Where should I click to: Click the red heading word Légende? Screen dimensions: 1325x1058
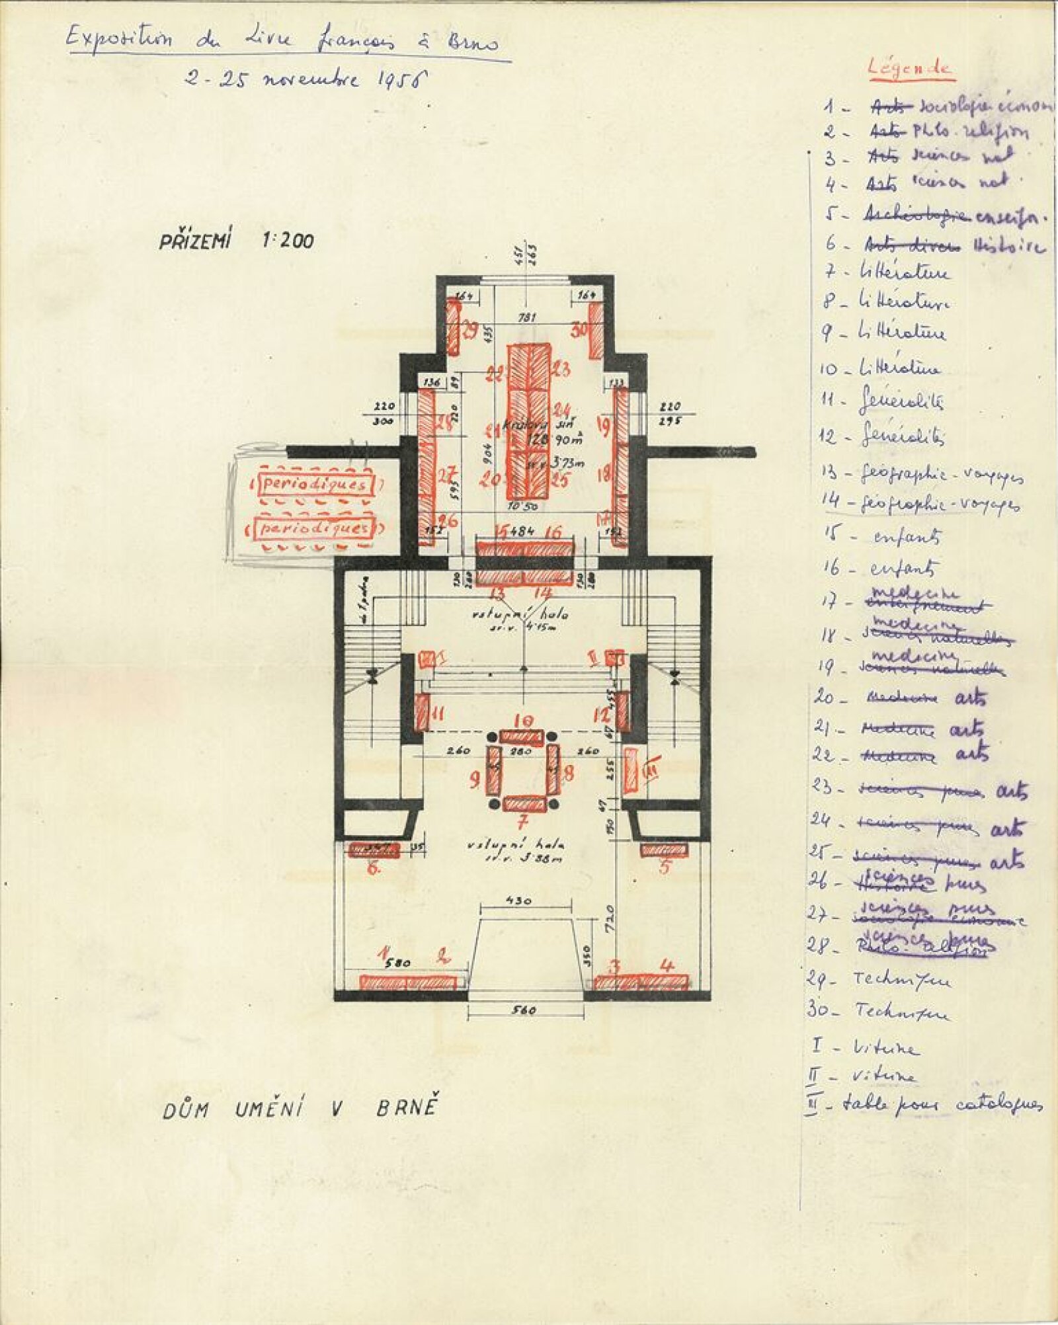[x=910, y=68]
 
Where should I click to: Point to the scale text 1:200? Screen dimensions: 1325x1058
[x=288, y=241]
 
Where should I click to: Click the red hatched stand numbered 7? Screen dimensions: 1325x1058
[x=524, y=803]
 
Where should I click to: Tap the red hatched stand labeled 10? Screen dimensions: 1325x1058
[x=522, y=737]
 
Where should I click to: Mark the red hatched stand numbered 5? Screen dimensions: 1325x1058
[x=665, y=849]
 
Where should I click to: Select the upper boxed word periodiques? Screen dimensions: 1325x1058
[x=316, y=485]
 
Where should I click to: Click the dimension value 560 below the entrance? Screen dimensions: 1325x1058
[x=524, y=1010]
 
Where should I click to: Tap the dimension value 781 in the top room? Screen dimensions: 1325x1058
[x=527, y=318]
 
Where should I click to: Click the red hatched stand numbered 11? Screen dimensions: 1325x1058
[x=423, y=711]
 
